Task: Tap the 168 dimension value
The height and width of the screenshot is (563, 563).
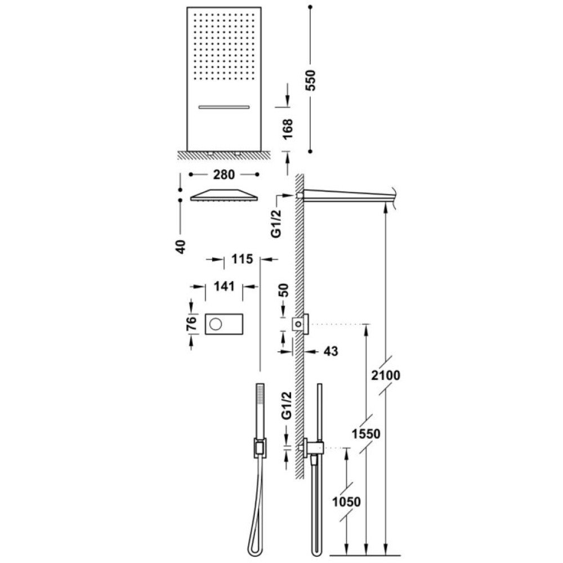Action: (x=288, y=129)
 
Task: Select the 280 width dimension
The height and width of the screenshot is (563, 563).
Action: (x=224, y=175)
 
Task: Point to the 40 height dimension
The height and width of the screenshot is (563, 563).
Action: (x=181, y=247)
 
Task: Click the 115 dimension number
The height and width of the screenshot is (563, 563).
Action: (x=242, y=259)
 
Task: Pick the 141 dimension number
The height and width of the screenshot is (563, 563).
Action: (x=225, y=287)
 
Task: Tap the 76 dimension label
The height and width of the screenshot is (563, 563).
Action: (x=192, y=323)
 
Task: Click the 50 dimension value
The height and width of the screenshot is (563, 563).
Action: (x=284, y=291)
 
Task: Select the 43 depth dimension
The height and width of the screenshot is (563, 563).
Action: (x=330, y=351)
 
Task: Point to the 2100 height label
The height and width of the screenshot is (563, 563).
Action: (x=386, y=376)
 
